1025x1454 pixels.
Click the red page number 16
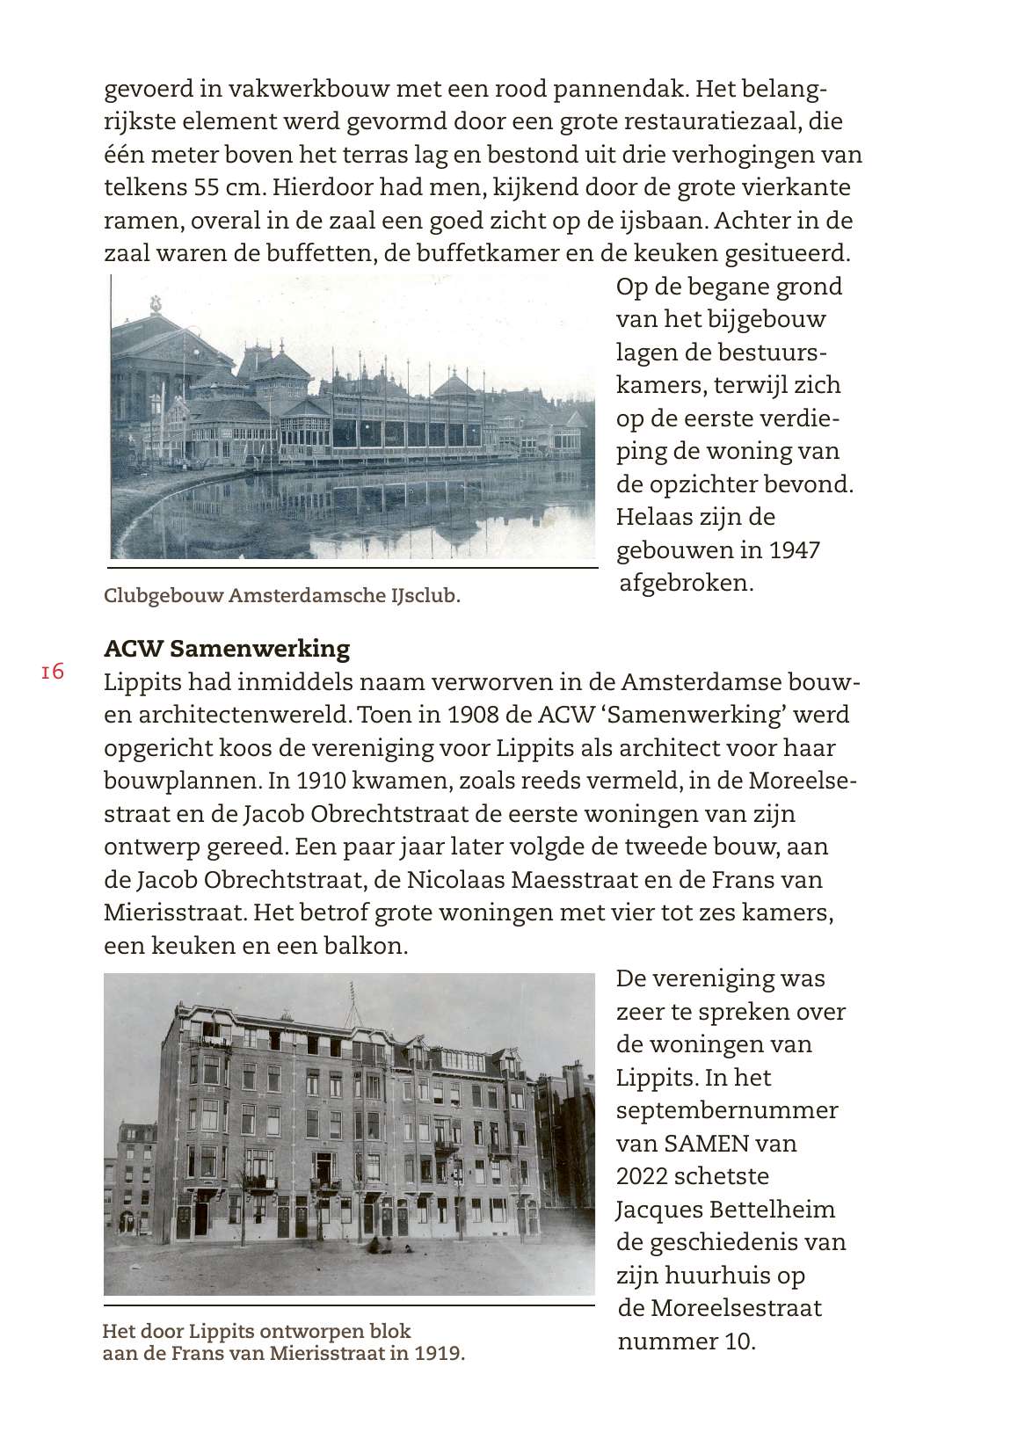tap(53, 672)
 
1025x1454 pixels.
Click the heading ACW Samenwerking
tap(227, 649)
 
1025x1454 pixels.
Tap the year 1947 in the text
tap(795, 550)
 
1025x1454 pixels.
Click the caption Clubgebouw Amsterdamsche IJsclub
tap(281, 596)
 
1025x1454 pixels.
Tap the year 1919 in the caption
tap(439, 1353)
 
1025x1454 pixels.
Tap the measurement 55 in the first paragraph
tap(209, 187)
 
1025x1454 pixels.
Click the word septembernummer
tap(727, 1110)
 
